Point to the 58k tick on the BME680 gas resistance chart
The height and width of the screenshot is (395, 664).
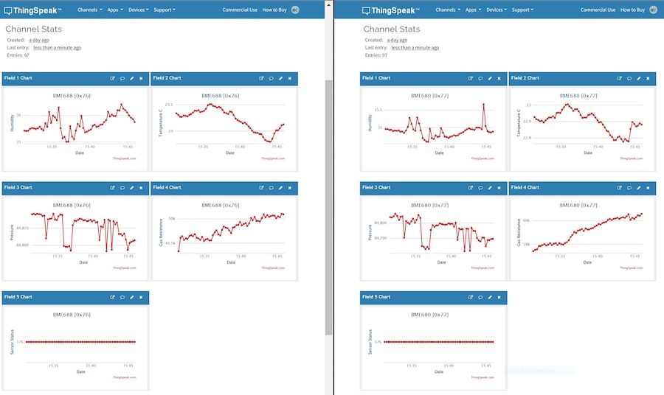[x=527, y=244]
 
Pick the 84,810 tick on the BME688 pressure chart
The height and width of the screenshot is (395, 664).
[x=21, y=228]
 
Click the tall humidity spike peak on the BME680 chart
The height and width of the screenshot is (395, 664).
[x=484, y=104]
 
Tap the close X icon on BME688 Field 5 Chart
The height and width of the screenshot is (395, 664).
[x=141, y=297]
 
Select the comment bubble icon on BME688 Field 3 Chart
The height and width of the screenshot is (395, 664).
[x=122, y=188]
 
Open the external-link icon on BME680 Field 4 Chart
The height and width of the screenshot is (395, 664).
[x=618, y=188]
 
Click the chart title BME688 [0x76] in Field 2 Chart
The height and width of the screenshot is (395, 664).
[x=221, y=96]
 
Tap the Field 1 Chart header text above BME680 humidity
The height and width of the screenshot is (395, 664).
[x=376, y=78]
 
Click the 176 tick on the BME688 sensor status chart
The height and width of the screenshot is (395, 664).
[x=21, y=342]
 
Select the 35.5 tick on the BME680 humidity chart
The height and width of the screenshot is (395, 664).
[x=378, y=110]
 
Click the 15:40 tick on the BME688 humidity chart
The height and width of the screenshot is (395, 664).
[x=89, y=147]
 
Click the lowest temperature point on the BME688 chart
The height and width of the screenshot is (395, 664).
[x=270, y=141]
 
